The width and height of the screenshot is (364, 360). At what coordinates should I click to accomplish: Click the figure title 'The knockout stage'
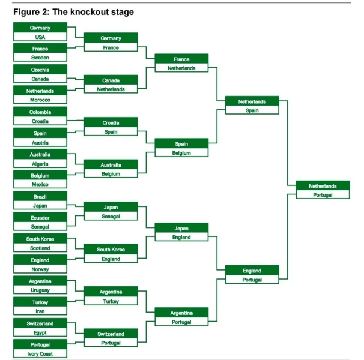click(93, 12)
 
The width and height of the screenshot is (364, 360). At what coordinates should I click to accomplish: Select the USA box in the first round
click(40, 37)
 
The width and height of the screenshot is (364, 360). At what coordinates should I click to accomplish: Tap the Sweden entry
click(40, 57)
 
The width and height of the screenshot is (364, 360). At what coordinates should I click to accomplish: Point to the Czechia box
click(40, 70)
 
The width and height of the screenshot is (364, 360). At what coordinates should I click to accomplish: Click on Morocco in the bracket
click(40, 100)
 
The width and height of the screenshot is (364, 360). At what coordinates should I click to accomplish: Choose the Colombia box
click(40, 112)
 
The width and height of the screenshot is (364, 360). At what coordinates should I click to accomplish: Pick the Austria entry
click(40, 142)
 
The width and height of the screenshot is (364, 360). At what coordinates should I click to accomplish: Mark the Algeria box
click(40, 164)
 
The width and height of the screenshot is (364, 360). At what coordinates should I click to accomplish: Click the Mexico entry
click(40, 184)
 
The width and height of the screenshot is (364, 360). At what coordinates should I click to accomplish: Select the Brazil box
click(40, 196)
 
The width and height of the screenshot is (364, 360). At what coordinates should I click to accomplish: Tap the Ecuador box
click(40, 218)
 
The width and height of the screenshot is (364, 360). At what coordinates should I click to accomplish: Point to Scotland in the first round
click(40, 248)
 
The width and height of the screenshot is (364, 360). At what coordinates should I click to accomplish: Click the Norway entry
click(40, 269)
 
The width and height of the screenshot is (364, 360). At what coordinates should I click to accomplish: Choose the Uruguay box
click(40, 290)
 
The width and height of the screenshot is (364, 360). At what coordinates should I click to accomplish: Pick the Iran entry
click(40, 311)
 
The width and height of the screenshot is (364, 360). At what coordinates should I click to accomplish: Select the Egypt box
click(40, 332)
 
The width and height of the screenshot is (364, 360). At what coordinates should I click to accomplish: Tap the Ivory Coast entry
click(40, 353)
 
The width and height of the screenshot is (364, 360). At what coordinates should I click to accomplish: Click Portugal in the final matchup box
click(323, 195)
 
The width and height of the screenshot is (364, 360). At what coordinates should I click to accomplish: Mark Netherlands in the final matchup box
click(323, 186)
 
